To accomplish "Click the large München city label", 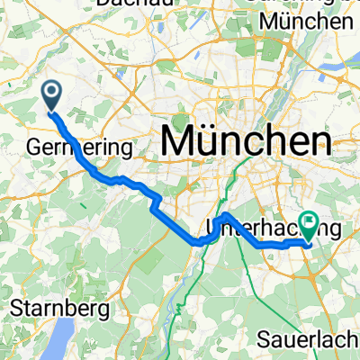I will [x=245, y=140].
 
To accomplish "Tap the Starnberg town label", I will [x=62, y=308].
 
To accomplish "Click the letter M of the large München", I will [x=177, y=140].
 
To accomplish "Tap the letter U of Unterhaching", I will [x=213, y=225].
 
